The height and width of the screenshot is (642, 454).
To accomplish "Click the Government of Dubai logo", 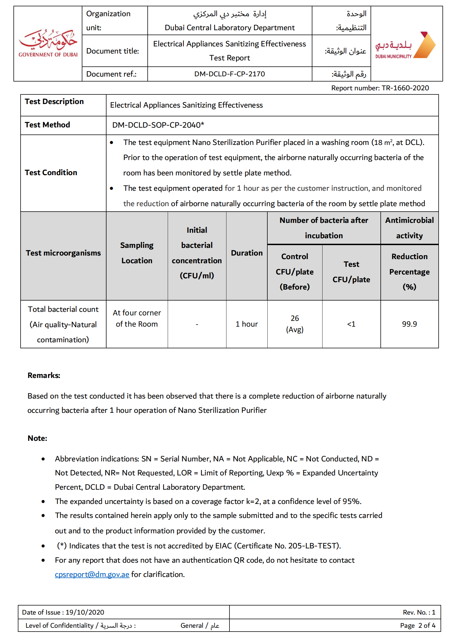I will (x=48, y=43).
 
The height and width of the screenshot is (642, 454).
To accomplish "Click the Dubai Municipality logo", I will (x=405, y=46).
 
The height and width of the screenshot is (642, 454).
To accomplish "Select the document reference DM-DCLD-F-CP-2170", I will (x=229, y=74).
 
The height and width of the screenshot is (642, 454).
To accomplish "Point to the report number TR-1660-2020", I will (x=405, y=88).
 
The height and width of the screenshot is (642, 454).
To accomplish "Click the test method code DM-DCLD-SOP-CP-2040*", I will (x=158, y=125).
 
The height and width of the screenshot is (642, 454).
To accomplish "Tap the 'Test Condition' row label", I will (x=51, y=173).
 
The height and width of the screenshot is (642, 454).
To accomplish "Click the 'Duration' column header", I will (x=246, y=253).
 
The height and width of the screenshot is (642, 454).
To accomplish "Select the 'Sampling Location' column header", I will (x=137, y=253).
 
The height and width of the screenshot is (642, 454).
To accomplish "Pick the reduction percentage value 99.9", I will (x=409, y=324).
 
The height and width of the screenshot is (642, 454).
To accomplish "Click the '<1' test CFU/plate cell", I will (x=351, y=324).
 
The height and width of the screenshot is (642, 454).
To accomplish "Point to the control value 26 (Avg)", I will (x=295, y=324).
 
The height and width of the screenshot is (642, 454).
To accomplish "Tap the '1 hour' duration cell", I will (x=246, y=324).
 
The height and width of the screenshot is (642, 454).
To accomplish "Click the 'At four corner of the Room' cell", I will (x=137, y=318).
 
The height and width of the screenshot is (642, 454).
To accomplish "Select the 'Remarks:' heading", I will (x=44, y=375).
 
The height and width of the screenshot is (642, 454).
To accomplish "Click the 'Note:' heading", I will (x=37, y=438).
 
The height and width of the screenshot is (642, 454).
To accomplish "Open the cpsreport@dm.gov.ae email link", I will (x=92, y=574).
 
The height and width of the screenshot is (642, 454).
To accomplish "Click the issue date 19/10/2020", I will (x=85, y=612).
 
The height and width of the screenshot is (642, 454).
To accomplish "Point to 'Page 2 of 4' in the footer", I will (x=418, y=626).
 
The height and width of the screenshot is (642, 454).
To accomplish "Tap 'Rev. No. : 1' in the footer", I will (x=419, y=612).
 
